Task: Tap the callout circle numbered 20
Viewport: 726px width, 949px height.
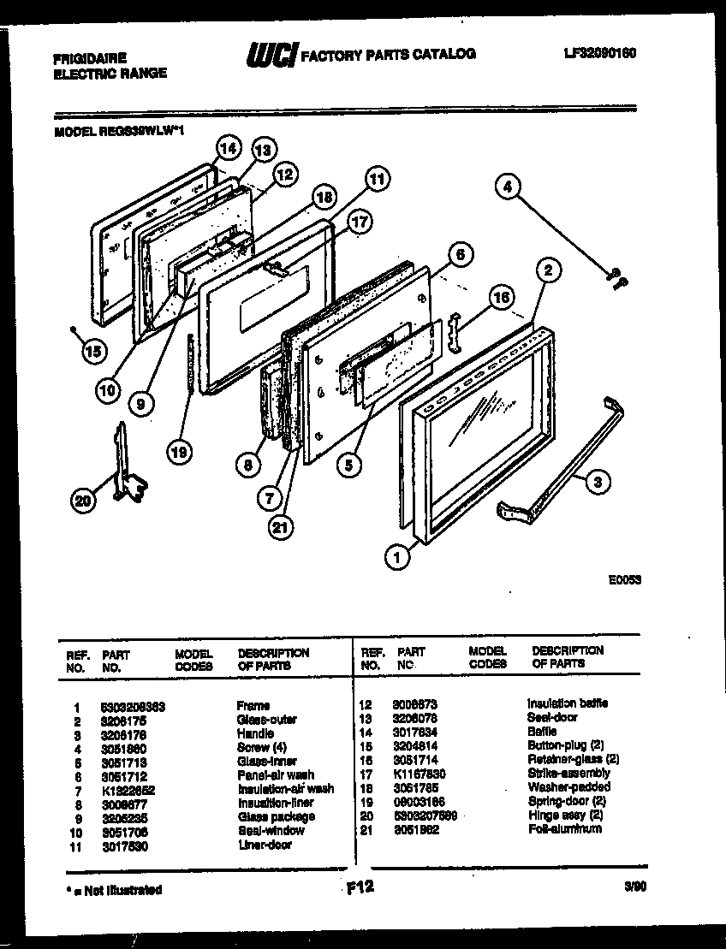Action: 84,502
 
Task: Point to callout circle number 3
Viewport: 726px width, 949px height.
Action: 597,483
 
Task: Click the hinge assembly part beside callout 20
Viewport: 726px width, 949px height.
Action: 125,462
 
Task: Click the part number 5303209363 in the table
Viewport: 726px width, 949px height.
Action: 133,706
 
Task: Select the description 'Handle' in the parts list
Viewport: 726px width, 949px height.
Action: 256,733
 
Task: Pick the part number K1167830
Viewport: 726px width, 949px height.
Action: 416,774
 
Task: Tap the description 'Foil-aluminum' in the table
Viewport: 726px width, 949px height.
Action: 564,828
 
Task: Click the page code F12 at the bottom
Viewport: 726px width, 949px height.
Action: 360,887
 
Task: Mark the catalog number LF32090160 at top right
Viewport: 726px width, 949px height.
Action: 599,54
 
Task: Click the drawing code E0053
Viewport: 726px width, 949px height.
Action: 625,579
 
